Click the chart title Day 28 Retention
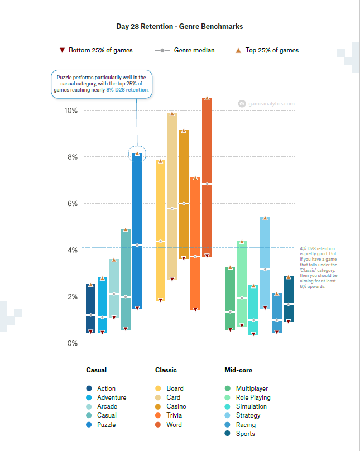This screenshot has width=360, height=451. coord(179,26)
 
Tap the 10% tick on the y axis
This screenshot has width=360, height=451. coord(70,111)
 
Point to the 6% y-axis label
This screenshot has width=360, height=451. coord(72,204)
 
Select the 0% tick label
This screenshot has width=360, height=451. coord(72,343)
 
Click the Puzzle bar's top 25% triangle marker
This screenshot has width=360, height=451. coord(137,153)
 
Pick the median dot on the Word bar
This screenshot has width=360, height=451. coord(207,184)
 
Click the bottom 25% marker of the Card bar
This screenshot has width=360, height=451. coord(172,279)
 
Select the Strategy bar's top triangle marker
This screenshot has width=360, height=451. coord(265,218)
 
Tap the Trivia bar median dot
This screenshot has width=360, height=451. coord(195,257)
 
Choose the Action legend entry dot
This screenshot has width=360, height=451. coord(89,388)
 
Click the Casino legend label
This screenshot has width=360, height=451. coord(176,406)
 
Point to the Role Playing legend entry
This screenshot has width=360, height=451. coord(253,397)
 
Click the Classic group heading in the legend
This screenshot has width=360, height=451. coord(166,370)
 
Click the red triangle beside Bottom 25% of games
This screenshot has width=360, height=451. coord(63,50)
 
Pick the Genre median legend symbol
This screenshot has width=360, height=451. coord(162,50)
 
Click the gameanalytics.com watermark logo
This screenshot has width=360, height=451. coord(242,103)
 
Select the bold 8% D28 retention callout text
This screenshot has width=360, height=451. coord(128,89)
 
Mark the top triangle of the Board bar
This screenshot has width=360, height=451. coord(161,161)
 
